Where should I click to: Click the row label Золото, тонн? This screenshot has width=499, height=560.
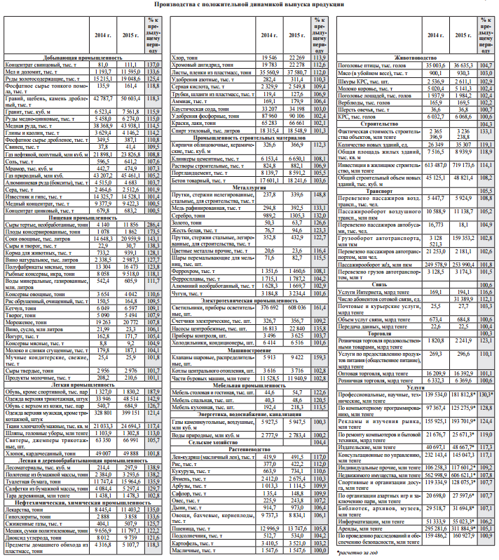[x=186, y=222]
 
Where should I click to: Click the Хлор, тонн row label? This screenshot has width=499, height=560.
[x=185, y=57]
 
